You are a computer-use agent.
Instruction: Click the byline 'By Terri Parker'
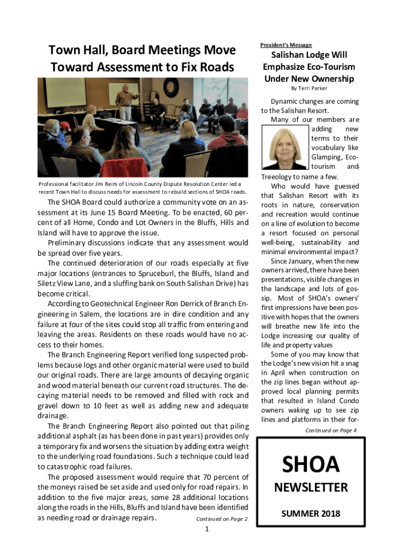tap(309, 89)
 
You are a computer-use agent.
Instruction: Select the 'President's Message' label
tap(286, 45)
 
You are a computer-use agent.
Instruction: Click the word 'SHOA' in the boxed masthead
tap(311, 464)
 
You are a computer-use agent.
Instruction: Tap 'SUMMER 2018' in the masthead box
tap(311, 514)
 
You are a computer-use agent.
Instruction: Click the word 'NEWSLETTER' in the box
tap(311, 488)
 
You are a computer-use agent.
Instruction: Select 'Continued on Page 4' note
tap(331, 431)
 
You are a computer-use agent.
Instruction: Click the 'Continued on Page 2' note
tap(222, 519)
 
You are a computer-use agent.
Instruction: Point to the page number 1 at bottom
tap(207, 530)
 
